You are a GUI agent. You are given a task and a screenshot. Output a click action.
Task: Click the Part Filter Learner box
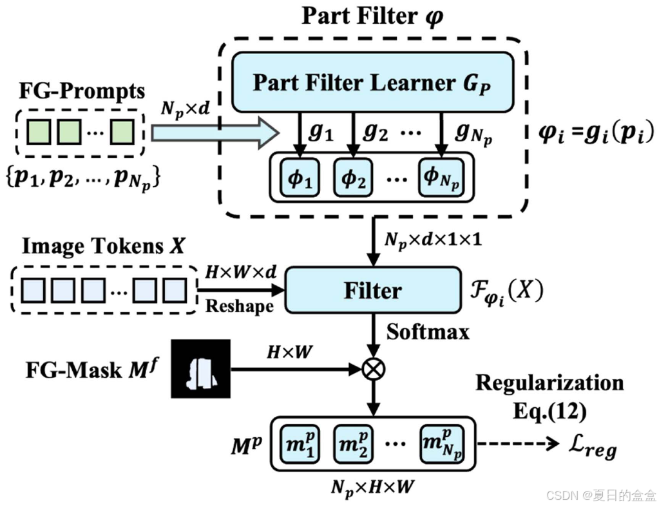tap(372, 82)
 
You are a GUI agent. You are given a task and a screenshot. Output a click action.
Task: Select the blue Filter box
tap(372, 291)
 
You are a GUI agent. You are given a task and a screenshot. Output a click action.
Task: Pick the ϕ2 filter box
tap(353, 177)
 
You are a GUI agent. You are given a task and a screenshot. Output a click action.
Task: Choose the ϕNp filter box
tap(440, 177)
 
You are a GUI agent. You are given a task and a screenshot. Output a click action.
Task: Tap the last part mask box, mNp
tap(441, 443)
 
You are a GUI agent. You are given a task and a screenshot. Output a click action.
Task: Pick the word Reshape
tap(239, 306)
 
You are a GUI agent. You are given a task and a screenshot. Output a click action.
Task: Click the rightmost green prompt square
tap(121, 132)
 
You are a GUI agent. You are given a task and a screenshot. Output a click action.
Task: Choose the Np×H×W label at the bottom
tap(373, 486)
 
